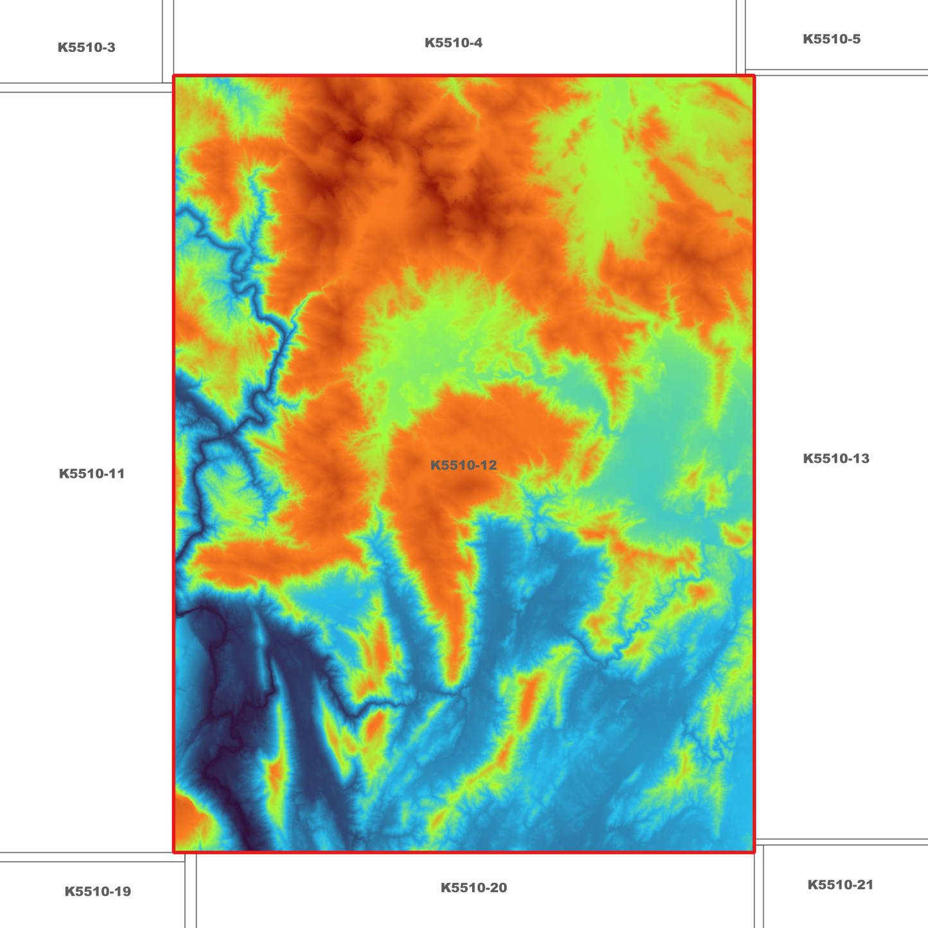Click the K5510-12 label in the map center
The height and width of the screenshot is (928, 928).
coord(463,465)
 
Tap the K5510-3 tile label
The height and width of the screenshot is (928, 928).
coord(86,48)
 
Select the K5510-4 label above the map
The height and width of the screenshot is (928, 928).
coord(453,43)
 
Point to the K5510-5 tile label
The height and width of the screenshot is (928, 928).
coord(831,39)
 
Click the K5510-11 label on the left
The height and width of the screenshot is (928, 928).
coord(91,474)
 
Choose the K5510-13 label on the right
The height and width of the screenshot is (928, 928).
coord(836,459)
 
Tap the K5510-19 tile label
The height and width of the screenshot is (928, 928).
coord(98,891)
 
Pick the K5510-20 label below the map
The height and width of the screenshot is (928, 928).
coord(473,888)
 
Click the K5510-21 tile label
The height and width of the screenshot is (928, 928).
coord(840,885)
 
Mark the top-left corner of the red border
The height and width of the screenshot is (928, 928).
coord(174,76)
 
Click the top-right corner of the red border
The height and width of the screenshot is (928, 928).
coord(754,76)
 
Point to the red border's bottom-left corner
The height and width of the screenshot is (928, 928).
coord(174,852)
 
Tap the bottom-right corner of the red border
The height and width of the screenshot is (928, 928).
coord(754,852)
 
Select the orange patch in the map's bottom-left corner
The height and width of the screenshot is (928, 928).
coord(188,825)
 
